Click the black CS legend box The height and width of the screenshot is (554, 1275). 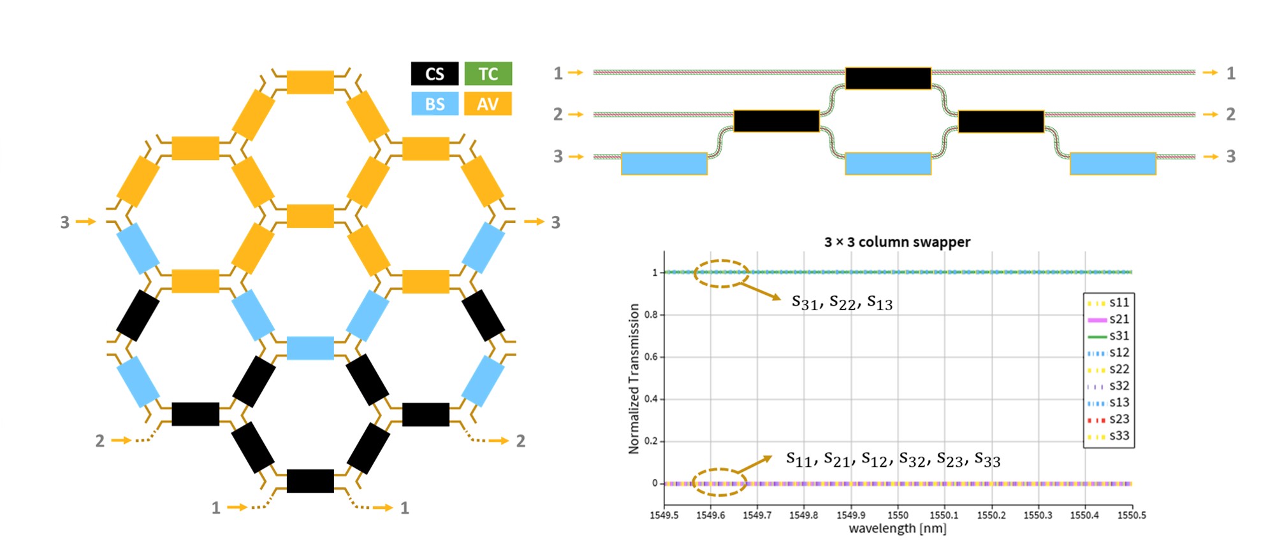point(434,74)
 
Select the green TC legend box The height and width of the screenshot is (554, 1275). point(488,74)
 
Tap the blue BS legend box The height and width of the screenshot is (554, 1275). point(434,104)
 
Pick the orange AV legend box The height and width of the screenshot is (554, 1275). point(488,104)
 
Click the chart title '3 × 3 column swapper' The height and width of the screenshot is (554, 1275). point(897,242)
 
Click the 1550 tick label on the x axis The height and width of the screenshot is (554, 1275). point(898,515)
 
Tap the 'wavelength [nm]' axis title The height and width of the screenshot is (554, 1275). point(897,529)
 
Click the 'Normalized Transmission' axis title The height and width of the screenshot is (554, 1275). point(634,378)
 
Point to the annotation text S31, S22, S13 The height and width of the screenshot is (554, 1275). point(841,302)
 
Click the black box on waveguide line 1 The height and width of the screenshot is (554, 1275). point(888,78)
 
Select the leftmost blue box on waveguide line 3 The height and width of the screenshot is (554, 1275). point(664,164)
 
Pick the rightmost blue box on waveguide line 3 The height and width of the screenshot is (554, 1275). point(1112,164)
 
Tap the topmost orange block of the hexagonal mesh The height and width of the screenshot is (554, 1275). point(310,82)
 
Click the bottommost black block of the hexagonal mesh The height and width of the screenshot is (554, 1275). point(310,481)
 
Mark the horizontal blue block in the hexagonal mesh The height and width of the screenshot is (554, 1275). point(310,348)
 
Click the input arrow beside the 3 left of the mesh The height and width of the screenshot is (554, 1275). point(85,222)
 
